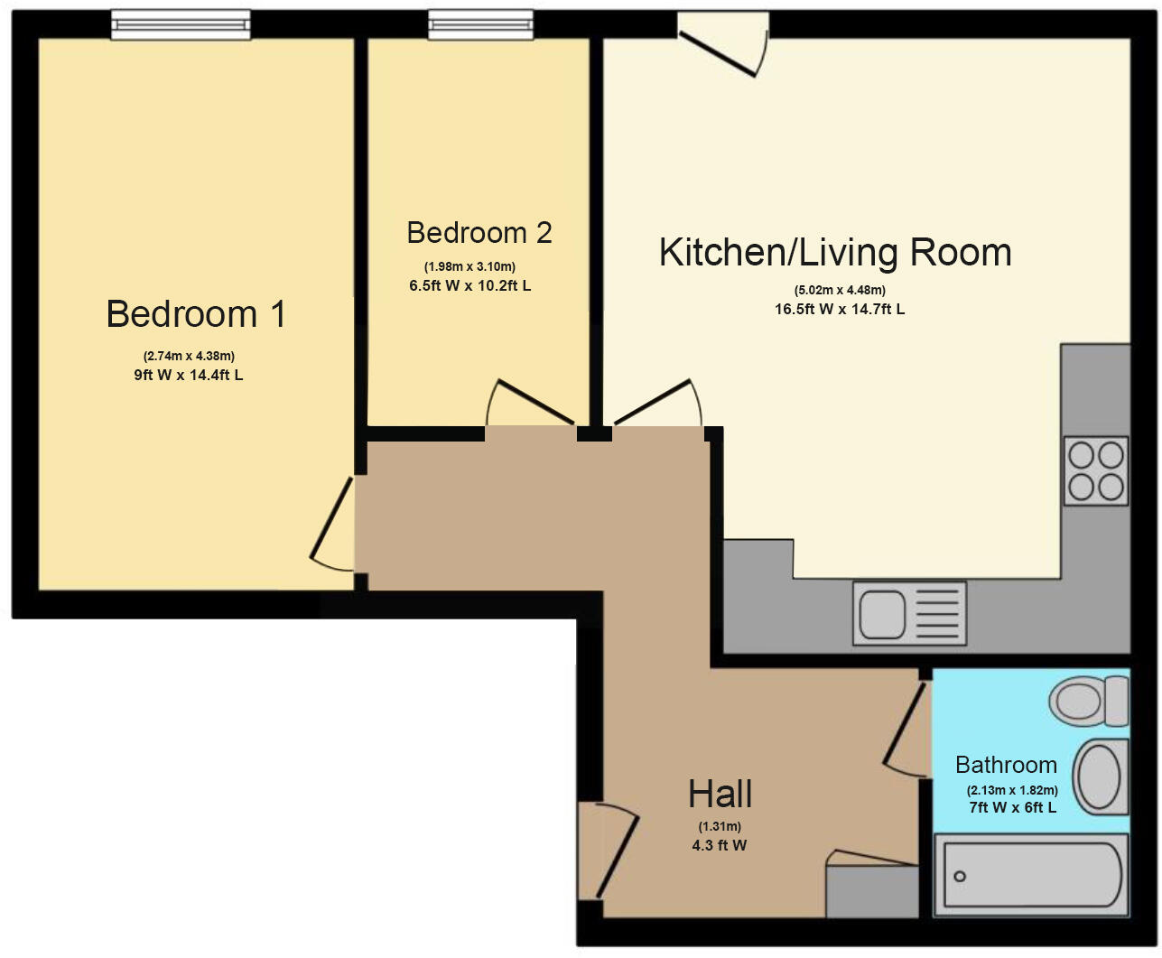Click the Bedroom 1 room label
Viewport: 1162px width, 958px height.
point(196,314)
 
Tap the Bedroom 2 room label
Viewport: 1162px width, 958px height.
point(479,233)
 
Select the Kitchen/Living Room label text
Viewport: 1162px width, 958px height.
point(835,252)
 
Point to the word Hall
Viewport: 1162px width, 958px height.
point(720,795)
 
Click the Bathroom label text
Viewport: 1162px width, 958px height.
point(1006,765)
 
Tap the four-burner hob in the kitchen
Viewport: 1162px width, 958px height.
point(1096,470)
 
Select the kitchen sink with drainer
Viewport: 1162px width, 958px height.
point(909,613)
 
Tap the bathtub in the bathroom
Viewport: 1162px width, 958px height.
point(1031,874)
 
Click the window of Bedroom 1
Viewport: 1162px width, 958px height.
point(181,24)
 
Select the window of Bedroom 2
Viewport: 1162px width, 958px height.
point(480,24)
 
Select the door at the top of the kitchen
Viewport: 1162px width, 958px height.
point(722,45)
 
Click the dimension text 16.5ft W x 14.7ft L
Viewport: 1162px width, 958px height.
point(839,309)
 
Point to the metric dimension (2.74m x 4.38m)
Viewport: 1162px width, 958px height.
point(189,356)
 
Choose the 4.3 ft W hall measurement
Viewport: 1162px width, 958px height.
point(720,845)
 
